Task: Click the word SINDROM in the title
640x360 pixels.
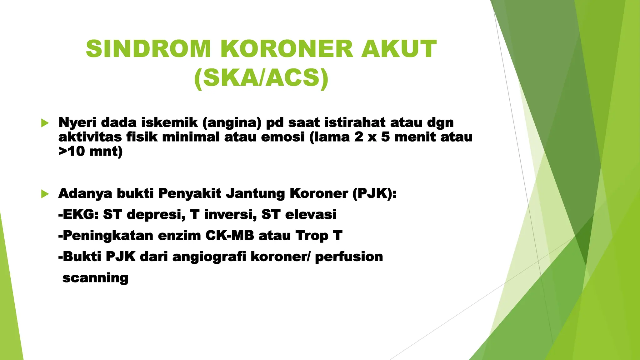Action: point(148,49)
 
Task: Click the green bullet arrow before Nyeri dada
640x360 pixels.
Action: point(45,123)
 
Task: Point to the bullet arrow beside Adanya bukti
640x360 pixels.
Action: point(45,194)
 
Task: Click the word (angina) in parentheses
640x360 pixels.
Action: point(232,122)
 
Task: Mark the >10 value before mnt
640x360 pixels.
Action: point(72,151)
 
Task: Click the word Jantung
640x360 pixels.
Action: point(255,193)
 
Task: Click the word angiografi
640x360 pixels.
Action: point(209,257)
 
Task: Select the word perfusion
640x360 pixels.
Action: point(349,257)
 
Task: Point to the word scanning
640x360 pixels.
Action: point(96,278)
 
